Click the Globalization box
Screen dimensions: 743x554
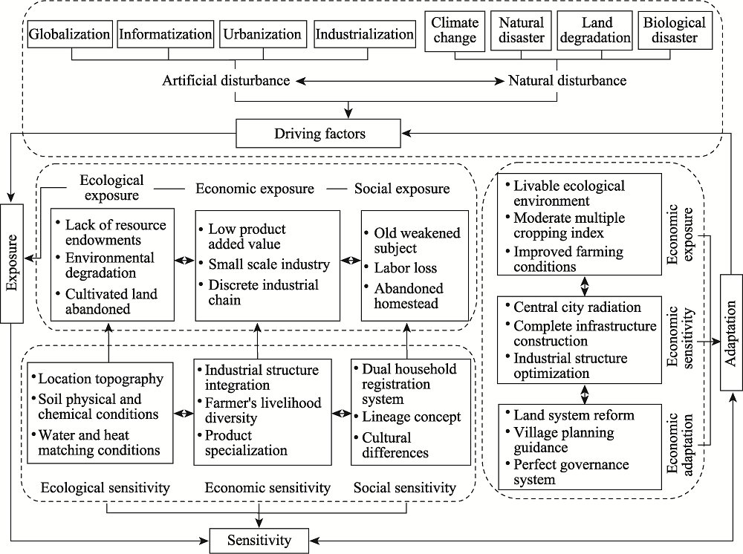tap(70, 34)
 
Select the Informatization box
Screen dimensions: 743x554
tap(166, 34)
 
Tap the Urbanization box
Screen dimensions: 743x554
tap(262, 34)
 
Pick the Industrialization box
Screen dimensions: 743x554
tap(364, 34)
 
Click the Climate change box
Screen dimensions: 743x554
tap(455, 30)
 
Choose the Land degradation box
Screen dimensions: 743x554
tap(595, 30)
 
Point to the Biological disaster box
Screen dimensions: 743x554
tap(675, 30)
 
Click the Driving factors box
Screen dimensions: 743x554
tap(319, 134)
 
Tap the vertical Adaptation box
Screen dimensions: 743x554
tap(731, 333)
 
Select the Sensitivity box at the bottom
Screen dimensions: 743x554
tap(259, 541)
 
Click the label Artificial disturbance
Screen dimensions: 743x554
tap(226, 80)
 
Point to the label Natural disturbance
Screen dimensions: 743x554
tap(567, 80)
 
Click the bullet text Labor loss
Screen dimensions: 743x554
tap(405, 268)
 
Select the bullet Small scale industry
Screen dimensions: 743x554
tap(269, 264)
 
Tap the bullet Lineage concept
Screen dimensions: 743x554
tap(412, 417)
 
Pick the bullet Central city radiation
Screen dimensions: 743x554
tap(577, 307)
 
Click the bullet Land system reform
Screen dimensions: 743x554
tap(574, 415)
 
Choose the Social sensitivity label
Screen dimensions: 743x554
tap(405, 488)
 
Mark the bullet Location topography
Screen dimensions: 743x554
tap(101, 379)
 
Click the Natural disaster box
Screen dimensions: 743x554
tap(522, 30)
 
